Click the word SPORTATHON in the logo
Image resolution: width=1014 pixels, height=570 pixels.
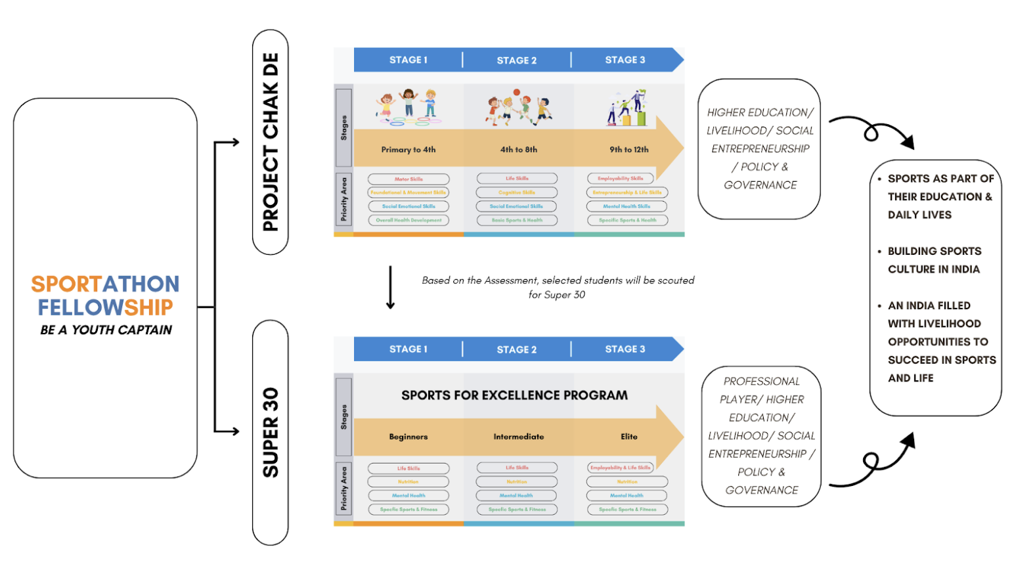pyautogui.click(x=105, y=284)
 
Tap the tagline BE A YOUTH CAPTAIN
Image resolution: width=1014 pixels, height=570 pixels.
pyautogui.click(x=106, y=330)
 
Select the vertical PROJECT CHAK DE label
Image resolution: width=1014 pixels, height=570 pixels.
pyautogui.click(x=271, y=142)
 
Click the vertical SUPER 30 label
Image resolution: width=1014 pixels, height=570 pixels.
pyautogui.click(x=271, y=432)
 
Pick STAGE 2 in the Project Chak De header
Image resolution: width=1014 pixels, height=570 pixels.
pyautogui.click(x=516, y=60)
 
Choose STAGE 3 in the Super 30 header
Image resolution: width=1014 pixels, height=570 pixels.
pyautogui.click(x=625, y=349)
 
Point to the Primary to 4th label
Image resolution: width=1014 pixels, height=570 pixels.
pyautogui.click(x=408, y=150)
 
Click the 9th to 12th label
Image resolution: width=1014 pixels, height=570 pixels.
pyautogui.click(x=628, y=150)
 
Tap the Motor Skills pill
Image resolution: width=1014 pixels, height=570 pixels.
pyautogui.click(x=408, y=179)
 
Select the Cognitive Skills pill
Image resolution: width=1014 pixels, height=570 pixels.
pyautogui.click(x=517, y=192)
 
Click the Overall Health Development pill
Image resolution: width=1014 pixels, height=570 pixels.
pyautogui.click(x=408, y=221)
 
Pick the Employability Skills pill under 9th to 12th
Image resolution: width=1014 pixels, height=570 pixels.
pyautogui.click(x=620, y=179)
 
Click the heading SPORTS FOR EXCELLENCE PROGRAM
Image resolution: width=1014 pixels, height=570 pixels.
pyautogui.click(x=514, y=395)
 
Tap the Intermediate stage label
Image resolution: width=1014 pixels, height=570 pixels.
pyautogui.click(x=518, y=437)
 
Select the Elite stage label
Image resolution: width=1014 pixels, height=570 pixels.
pyautogui.click(x=628, y=437)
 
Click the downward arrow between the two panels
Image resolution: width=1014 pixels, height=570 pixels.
pyautogui.click(x=390, y=287)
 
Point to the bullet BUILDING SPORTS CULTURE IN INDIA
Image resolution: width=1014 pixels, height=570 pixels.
pyautogui.click(x=933, y=260)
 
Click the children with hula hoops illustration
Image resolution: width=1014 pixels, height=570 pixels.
pyautogui.click(x=408, y=107)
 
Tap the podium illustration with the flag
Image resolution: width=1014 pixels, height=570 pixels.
pyautogui.click(x=627, y=108)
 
